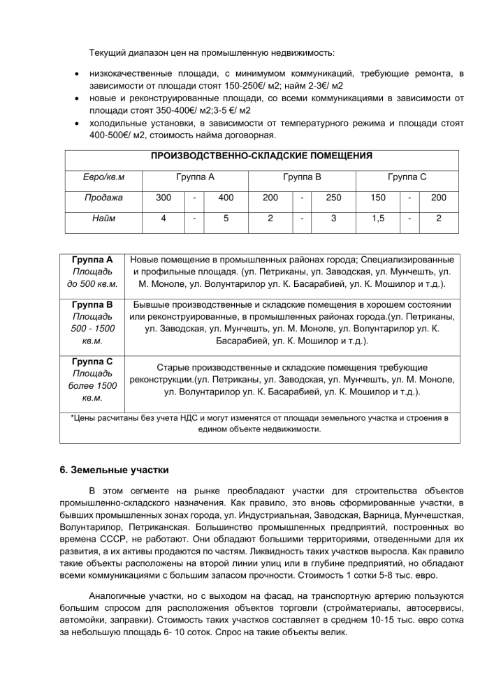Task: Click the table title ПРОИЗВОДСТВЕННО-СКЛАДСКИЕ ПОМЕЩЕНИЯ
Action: [x=261, y=156]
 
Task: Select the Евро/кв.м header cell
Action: [x=103, y=177]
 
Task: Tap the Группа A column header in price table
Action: [x=195, y=177]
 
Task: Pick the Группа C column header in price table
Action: [x=407, y=177]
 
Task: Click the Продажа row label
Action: [x=103, y=198]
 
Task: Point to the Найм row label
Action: [x=103, y=218]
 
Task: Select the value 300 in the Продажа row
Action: [x=164, y=198]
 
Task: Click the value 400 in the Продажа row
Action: [x=226, y=198]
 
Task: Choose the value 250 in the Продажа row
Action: [x=333, y=198]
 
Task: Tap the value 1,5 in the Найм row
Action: [x=378, y=218]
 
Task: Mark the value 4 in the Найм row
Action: [x=164, y=218]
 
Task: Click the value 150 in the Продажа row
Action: [x=378, y=198]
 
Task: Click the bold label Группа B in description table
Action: [x=92, y=305]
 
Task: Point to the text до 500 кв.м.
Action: [x=92, y=285]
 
